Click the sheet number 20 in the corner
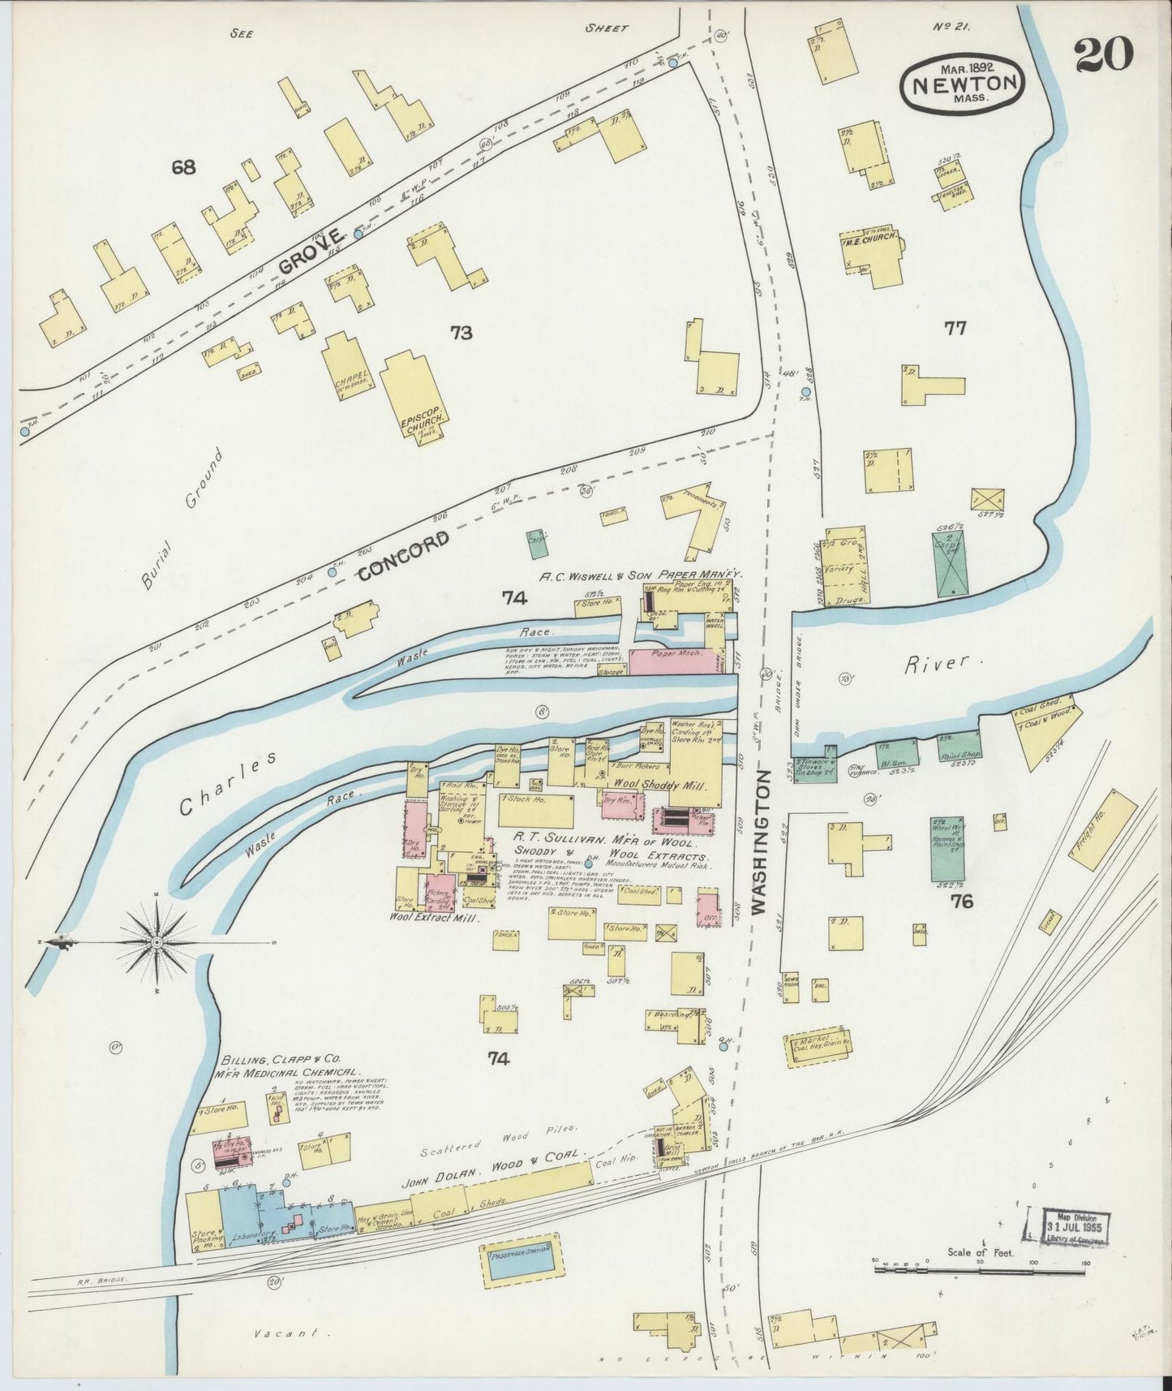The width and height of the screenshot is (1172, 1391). coord(1104,56)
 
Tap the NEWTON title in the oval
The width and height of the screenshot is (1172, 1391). coord(963,83)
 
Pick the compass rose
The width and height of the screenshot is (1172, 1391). coord(157,941)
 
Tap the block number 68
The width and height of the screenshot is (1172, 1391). coord(184,168)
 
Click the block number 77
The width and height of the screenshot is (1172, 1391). coord(955,329)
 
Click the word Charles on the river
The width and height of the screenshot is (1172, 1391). coord(229,782)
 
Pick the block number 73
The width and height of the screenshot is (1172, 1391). coord(462,332)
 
